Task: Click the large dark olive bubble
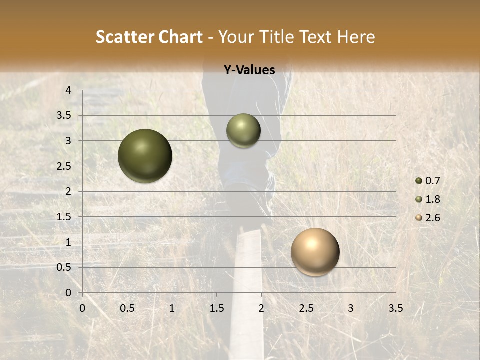point(145,156)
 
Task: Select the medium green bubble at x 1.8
point(243,131)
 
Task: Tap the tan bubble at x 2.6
point(315,252)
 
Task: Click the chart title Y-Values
point(249,70)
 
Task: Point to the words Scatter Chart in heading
point(149,37)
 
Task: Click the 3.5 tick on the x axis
point(395,308)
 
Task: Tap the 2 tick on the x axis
point(261,308)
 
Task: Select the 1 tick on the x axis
point(172,308)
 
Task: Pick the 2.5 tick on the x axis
point(306,308)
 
